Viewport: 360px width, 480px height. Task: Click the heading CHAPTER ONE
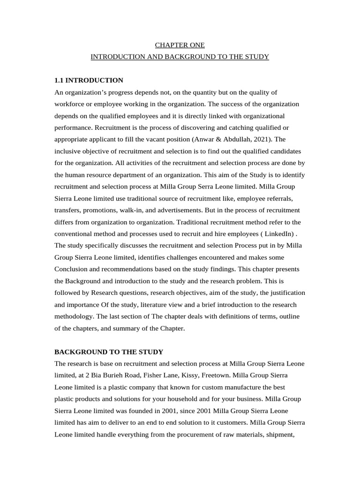click(180, 45)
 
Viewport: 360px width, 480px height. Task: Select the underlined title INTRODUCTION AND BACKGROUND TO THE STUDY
click(180, 57)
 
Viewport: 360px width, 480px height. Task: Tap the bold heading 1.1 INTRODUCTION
click(89, 80)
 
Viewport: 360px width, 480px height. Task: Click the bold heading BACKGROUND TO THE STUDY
click(108, 352)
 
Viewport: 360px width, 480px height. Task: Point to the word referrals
click(291, 198)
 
